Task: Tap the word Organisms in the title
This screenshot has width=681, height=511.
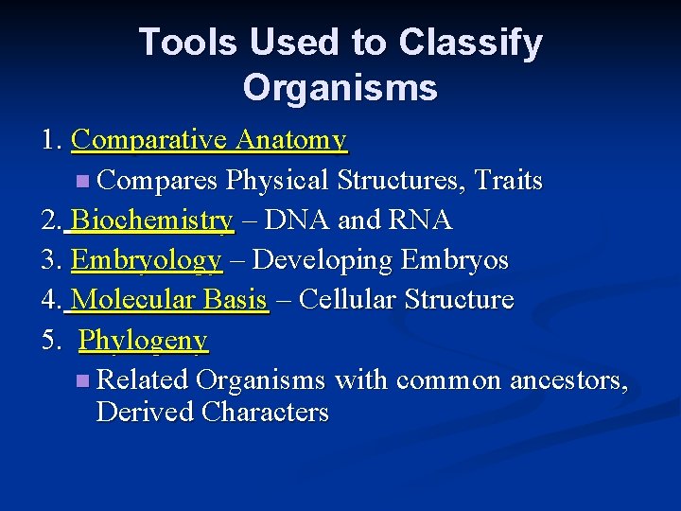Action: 340,88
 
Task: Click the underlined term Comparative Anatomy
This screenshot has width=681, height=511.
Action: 209,141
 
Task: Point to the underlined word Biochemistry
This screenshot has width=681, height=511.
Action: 152,220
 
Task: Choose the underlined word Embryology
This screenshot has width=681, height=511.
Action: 147,260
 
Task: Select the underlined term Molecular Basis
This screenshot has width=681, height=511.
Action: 169,300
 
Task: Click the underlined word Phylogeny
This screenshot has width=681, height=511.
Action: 143,340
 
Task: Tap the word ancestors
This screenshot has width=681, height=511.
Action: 567,380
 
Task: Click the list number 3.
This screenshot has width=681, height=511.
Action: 49,260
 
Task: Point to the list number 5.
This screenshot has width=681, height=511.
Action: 49,340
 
